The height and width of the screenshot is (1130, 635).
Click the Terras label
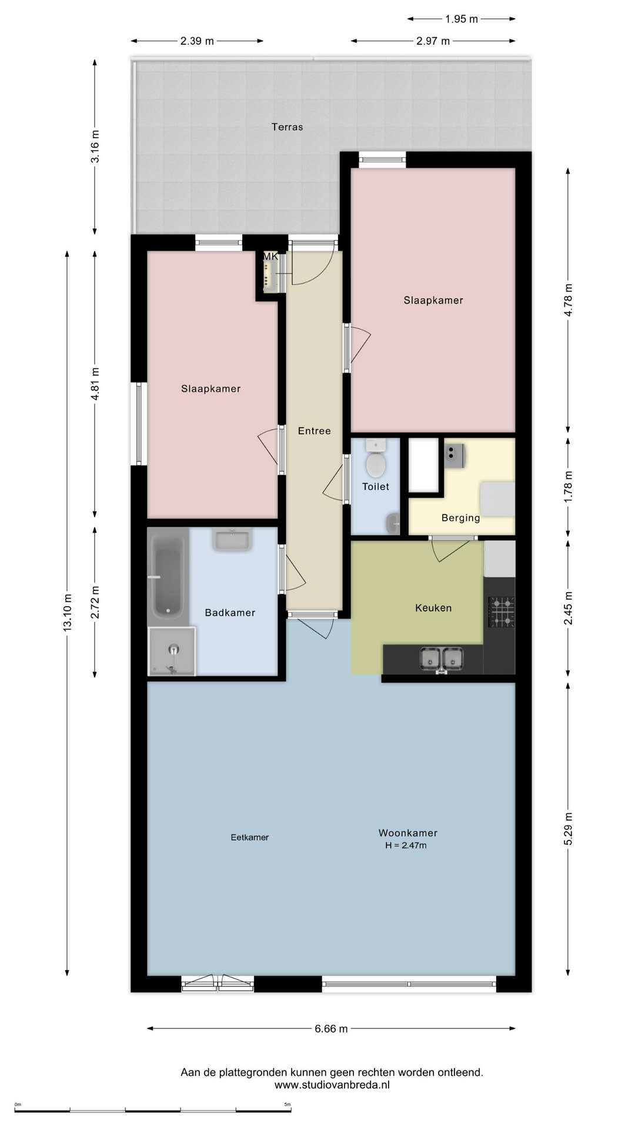[x=287, y=127]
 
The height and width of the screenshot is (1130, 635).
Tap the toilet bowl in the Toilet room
[x=376, y=459]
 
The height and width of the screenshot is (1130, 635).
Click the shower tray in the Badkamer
[x=172, y=652]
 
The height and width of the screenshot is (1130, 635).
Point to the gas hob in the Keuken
[x=501, y=611]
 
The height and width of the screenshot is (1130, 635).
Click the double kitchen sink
[x=442, y=659]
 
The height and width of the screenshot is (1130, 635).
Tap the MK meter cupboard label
[x=270, y=257]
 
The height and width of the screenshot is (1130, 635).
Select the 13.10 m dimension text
[x=68, y=613]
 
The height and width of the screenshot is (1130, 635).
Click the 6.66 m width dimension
[x=331, y=1029]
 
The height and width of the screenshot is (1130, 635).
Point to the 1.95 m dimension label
[x=462, y=19]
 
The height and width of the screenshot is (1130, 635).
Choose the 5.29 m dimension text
[x=568, y=829]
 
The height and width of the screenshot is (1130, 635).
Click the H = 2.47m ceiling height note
[x=406, y=846]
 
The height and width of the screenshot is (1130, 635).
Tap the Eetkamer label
[x=250, y=837]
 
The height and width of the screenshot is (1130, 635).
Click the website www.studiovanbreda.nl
[x=332, y=1085]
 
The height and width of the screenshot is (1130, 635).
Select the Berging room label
[x=461, y=518]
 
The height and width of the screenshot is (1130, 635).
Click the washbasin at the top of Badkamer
[x=232, y=540]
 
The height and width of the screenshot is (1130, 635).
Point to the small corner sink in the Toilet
[x=393, y=522]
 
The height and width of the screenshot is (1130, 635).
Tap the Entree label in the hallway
[x=315, y=431]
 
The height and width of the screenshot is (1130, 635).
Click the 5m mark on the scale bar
[x=288, y=1105]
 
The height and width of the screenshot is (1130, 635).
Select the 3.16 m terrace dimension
[x=95, y=147]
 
